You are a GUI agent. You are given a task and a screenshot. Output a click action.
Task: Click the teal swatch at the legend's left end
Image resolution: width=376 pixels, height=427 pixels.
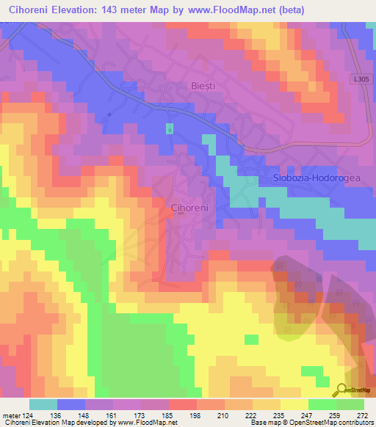coord(43,404)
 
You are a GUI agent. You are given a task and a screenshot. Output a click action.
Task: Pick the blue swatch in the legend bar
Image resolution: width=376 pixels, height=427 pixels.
coord(71,404)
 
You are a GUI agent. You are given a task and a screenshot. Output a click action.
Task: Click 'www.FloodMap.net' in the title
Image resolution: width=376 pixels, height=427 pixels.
coord(232,10)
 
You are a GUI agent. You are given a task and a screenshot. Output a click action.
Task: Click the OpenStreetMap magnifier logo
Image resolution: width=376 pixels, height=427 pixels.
coord(342,390)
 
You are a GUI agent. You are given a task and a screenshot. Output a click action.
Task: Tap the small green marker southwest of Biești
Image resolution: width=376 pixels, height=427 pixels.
coord(170,129)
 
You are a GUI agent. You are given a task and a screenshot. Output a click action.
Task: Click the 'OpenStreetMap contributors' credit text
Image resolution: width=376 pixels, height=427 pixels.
coord(332,423)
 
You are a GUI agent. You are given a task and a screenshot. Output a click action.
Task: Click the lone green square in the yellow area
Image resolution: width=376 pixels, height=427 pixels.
coord(251,339)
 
